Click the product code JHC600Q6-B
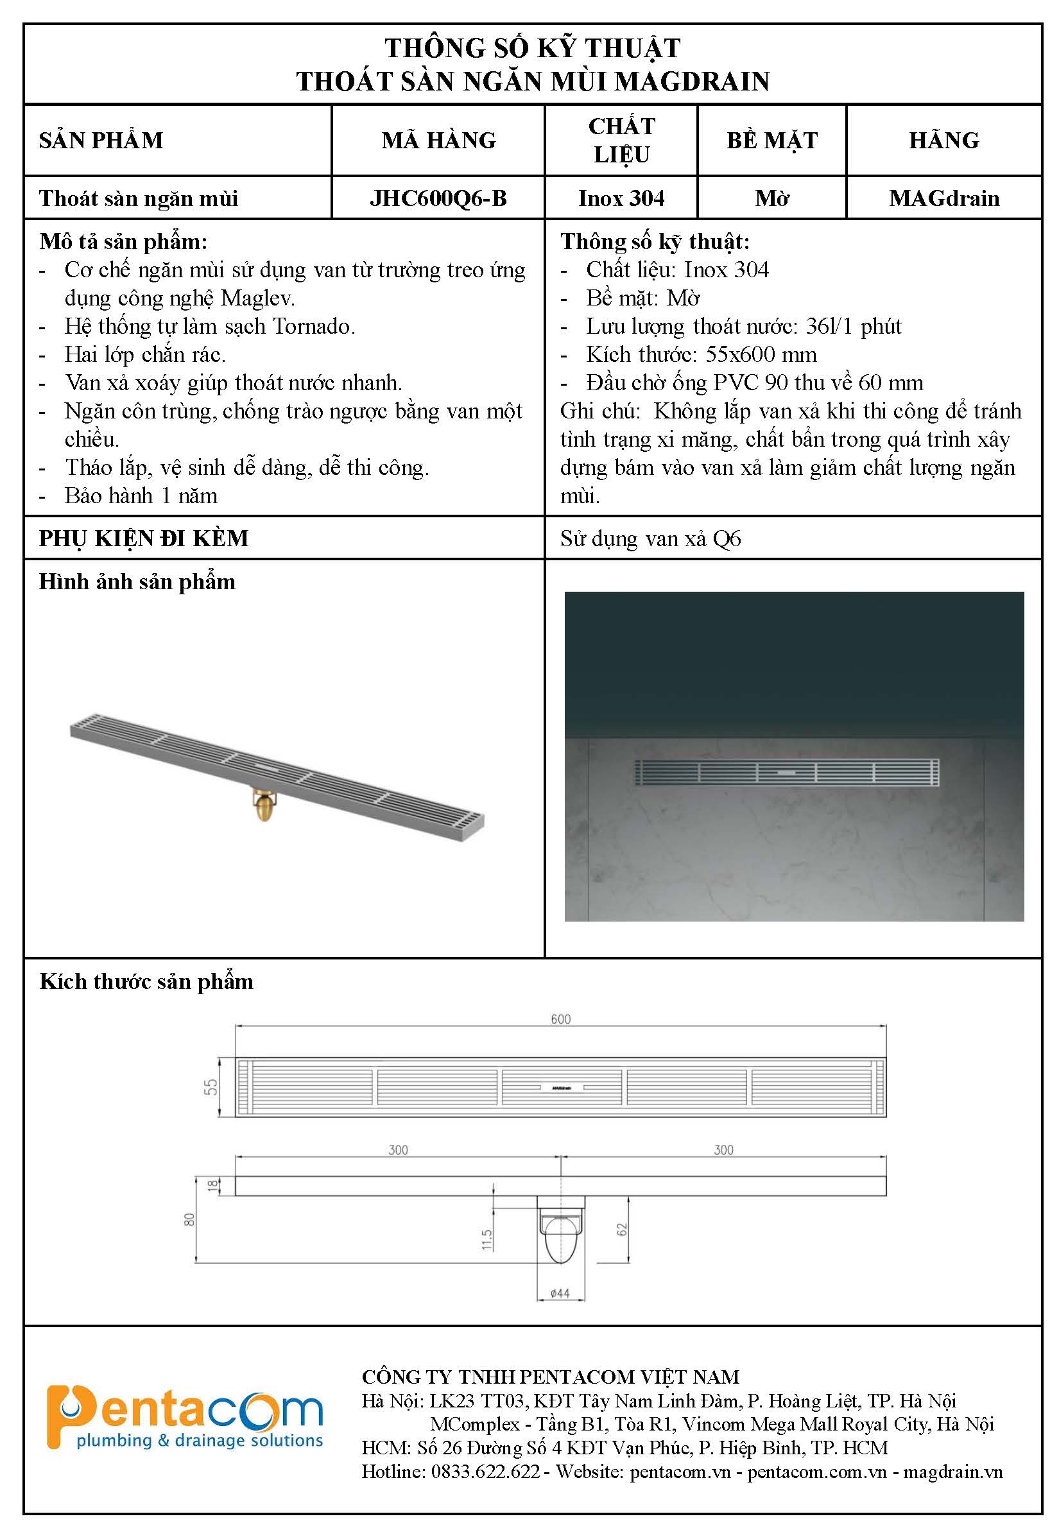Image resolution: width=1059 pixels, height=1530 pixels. (x=438, y=198)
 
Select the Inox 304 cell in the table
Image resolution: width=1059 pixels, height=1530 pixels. (x=621, y=198)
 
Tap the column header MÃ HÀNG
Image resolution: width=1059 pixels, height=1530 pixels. (x=438, y=140)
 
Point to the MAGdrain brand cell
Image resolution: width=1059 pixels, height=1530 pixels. (x=943, y=198)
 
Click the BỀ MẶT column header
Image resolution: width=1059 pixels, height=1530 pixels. (x=771, y=140)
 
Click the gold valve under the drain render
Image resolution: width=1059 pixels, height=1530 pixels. (x=263, y=805)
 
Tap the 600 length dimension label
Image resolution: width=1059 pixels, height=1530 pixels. (x=561, y=1019)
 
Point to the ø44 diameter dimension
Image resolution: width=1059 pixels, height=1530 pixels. (x=560, y=1293)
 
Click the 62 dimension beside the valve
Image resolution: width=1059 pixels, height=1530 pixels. (x=622, y=1230)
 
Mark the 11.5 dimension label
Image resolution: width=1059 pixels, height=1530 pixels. (x=486, y=1239)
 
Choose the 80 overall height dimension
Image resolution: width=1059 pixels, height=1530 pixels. (x=190, y=1219)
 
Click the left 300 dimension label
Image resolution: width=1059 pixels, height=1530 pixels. (x=398, y=1150)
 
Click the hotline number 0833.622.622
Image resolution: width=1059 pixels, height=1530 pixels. (x=485, y=1472)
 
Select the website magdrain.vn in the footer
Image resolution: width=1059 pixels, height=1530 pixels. (x=953, y=1472)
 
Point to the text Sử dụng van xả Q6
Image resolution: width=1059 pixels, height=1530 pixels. (x=650, y=538)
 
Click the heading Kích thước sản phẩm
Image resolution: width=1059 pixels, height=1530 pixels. (x=146, y=981)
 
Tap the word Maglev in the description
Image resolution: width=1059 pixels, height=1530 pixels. (x=257, y=298)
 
